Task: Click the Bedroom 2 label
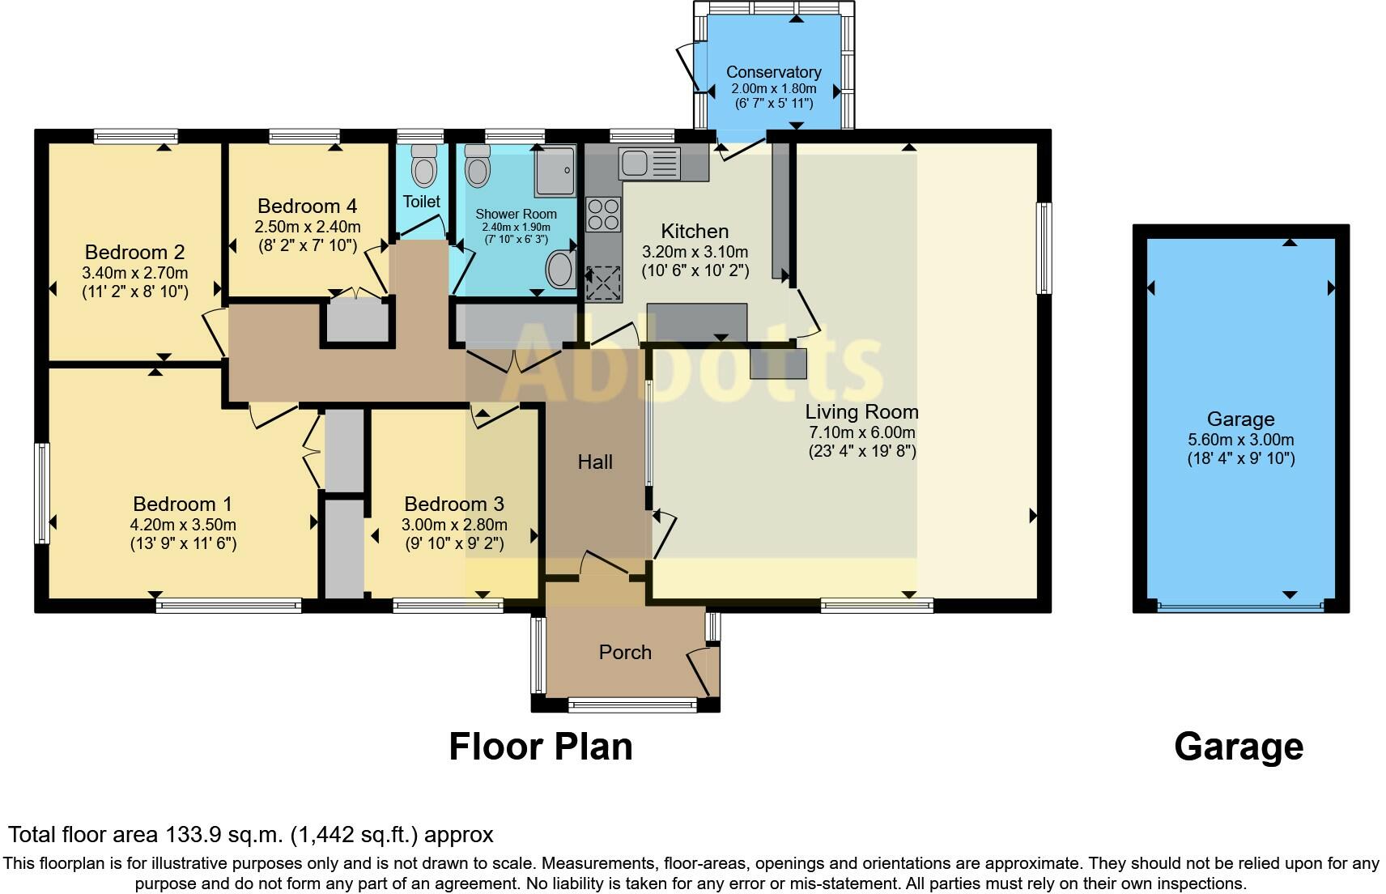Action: (x=134, y=253)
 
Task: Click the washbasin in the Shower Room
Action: (x=560, y=269)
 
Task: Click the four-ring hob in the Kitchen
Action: (x=603, y=215)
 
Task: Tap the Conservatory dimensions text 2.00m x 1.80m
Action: (x=773, y=89)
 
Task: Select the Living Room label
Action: (x=861, y=412)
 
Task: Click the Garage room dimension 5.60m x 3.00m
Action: (x=1240, y=441)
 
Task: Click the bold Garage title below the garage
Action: (x=1238, y=747)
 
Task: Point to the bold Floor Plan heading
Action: (x=540, y=747)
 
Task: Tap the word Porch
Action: (x=625, y=653)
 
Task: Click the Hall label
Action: (x=595, y=462)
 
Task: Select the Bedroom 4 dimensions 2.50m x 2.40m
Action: (x=308, y=227)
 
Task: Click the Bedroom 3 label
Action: (x=454, y=504)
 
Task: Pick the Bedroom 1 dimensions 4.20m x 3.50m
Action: (x=183, y=526)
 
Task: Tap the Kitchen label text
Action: (x=695, y=232)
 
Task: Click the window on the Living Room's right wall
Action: (x=1044, y=248)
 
